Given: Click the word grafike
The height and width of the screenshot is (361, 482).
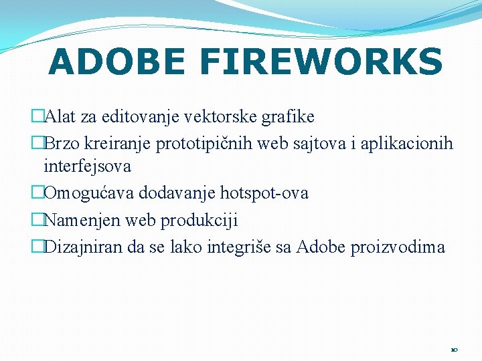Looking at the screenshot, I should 289,117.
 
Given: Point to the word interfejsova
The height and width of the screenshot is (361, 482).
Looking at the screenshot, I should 87,166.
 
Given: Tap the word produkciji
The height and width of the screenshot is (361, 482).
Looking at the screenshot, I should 202,220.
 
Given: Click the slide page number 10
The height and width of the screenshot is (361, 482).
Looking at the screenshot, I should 454,350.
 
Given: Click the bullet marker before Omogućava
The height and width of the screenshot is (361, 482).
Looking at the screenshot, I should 37,193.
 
